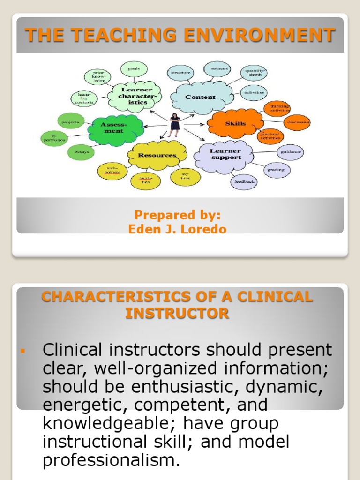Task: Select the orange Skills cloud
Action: [235, 124]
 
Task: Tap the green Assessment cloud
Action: [113, 127]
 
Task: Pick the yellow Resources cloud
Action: [157, 155]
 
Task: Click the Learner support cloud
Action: [225, 154]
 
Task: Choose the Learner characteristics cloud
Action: [134, 96]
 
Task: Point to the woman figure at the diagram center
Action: [174, 125]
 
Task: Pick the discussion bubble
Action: [297, 123]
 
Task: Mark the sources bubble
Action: [219, 69]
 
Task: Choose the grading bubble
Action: [277, 170]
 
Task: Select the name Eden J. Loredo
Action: [177, 230]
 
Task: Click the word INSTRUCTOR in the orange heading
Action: [177, 313]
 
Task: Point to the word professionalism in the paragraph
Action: [111, 460]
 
